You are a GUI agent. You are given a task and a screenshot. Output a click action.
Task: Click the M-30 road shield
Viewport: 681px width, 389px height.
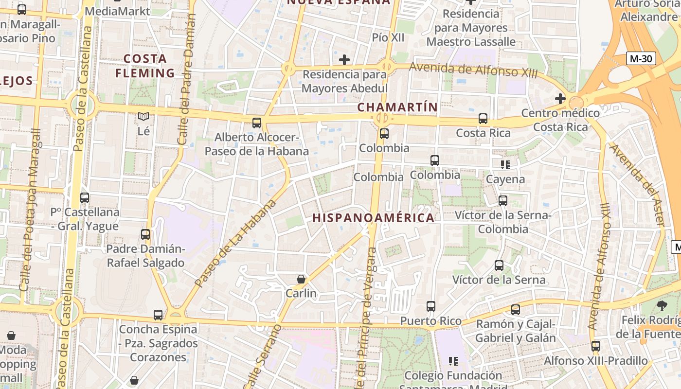tap(642, 59)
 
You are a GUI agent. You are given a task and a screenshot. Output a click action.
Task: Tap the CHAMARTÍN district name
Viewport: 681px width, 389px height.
tap(397, 107)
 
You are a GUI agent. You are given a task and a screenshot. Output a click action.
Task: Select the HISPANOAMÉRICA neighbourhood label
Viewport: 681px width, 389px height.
tap(373, 217)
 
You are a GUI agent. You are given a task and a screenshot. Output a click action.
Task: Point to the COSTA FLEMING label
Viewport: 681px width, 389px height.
tap(144, 66)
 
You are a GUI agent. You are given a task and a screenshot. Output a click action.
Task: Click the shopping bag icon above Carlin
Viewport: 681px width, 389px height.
tap(301, 279)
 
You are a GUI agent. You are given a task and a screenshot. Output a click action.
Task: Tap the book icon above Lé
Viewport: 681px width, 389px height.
tap(143, 117)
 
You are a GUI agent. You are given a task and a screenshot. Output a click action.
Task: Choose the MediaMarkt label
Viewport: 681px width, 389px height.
tap(117, 11)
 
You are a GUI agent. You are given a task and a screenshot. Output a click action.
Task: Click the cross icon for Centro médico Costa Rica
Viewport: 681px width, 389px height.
tap(560, 99)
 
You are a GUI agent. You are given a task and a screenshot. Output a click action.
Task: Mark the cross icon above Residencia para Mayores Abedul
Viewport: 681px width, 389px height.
tap(344, 60)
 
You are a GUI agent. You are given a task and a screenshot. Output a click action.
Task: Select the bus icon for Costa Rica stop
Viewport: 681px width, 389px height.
tap(483, 119)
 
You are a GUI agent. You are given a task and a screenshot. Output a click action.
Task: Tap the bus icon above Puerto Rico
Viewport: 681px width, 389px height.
tap(431, 306)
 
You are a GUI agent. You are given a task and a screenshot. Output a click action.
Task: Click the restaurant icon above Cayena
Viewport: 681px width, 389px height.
tap(505, 165)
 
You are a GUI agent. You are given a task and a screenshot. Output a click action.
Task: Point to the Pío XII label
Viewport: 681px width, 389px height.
tap(388, 37)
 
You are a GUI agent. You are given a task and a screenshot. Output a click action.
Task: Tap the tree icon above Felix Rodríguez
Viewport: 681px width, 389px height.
tap(662, 306)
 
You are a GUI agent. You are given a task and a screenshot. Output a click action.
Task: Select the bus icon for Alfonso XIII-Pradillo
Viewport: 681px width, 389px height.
tap(596, 346)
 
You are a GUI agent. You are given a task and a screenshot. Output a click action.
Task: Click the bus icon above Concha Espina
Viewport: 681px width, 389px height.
tap(158, 315)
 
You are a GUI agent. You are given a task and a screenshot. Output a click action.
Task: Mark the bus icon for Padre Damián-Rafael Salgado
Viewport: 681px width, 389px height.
tap(145, 234)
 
